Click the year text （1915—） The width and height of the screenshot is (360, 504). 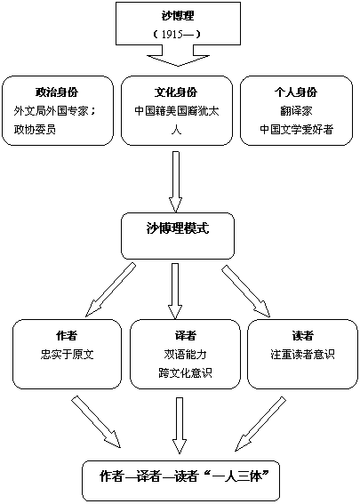pos(178,35)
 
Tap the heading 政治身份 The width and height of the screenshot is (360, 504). pos(57,92)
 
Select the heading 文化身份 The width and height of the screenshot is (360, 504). pos(176,92)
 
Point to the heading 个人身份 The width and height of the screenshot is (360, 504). pos(296,92)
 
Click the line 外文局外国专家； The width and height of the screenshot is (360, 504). pos(54,111)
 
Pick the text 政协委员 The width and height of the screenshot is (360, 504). pos(35,129)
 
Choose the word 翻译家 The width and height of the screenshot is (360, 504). pos(296,111)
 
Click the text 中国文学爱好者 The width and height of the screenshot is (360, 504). pos(296,129)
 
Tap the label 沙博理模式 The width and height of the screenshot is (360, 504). pos(178,228)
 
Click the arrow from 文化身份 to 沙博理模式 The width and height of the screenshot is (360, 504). pos(175,181)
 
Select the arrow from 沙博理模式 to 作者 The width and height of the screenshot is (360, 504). pos(110,290)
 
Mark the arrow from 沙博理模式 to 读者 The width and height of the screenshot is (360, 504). pos(246,291)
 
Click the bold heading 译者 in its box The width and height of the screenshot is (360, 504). pos(186,336)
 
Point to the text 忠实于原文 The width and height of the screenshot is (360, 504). pos(67,354)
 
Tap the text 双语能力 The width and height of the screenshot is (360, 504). pos(186,354)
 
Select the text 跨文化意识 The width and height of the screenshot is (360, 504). pos(186,372)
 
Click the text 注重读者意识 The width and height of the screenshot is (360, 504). pos(302,354)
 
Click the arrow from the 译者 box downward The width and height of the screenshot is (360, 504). pos(179,426)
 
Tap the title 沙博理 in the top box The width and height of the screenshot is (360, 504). pos(178,16)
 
